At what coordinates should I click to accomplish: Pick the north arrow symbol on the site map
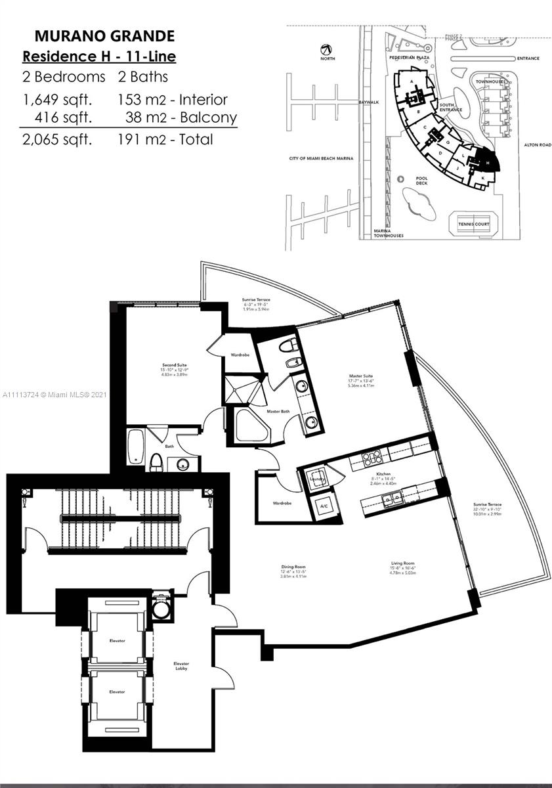[x=325, y=49]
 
